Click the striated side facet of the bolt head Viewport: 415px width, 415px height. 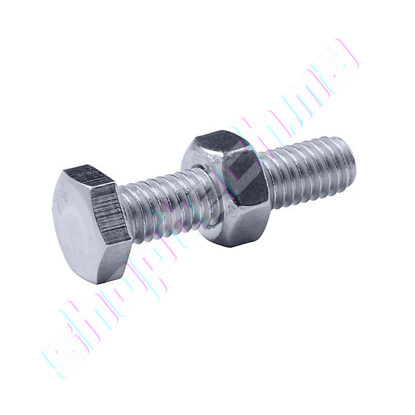coord(116,211)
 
